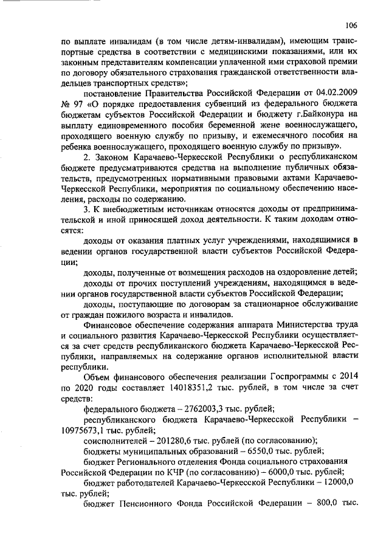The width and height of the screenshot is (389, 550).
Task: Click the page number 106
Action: pyautogui.click(x=350, y=25)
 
